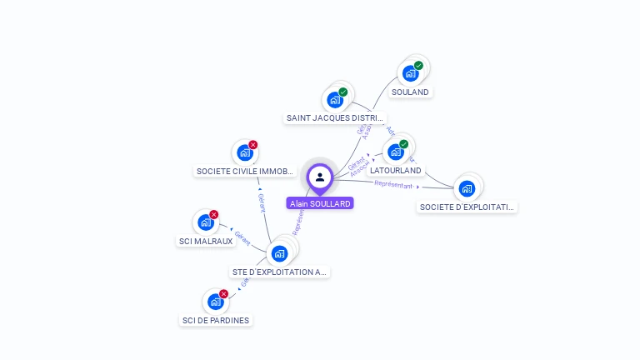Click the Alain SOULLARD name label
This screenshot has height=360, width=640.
click(x=320, y=203)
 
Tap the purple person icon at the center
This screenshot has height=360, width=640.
click(x=320, y=177)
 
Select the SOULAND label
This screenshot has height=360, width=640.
click(x=410, y=92)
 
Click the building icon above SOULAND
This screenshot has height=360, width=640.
click(x=410, y=73)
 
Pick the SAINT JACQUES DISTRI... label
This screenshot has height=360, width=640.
click(x=335, y=118)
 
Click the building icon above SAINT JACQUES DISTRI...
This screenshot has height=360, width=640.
click(x=335, y=100)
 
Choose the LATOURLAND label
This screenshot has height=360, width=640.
click(x=396, y=170)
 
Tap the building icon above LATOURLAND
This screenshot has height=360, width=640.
click(x=396, y=152)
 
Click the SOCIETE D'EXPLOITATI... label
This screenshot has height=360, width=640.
click(x=467, y=207)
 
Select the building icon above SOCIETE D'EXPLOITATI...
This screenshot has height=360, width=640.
click(x=467, y=188)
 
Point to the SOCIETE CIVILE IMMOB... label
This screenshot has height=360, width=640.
click(x=245, y=172)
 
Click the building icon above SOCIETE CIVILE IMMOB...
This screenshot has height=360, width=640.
click(x=244, y=152)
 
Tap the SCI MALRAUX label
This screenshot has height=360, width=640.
click(x=206, y=242)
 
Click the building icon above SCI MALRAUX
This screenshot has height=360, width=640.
click(x=205, y=222)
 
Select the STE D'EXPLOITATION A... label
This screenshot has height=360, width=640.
click(x=280, y=272)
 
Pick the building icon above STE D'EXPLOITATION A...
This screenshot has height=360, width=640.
click(x=280, y=252)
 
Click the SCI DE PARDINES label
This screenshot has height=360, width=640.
click(x=216, y=320)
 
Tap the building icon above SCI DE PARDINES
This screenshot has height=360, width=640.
click(x=215, y=302)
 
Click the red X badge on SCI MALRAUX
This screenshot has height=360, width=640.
click(x=213, y=215)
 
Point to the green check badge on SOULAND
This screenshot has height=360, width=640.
click(x=418, y=66)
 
